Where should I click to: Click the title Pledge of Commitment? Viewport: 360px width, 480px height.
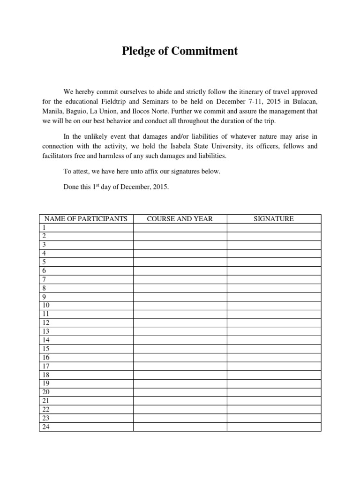tap(180, 51)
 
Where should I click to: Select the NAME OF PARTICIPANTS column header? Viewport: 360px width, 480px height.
tap(86, 219)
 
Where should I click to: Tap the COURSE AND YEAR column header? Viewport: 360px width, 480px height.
tap(180, 219)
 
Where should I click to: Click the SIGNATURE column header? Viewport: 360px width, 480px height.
tap(274, 219)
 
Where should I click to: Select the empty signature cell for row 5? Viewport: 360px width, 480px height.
tap(274, 262)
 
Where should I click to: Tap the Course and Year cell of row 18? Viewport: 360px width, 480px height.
tap(180, 375)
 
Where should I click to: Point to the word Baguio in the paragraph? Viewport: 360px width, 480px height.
tap(86, 112)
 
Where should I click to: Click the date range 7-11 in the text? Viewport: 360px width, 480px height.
tap(256, 102)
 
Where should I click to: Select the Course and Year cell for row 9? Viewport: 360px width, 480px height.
tap(180, 297)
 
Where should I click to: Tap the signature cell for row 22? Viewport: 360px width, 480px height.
tap(274, 409)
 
